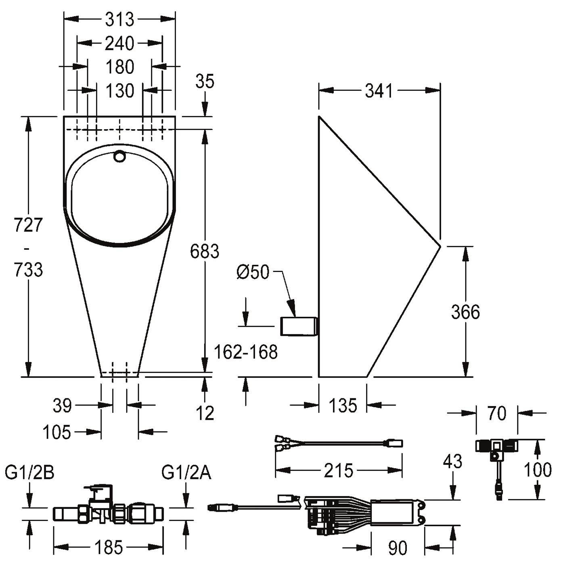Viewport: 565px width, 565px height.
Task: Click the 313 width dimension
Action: (x=119, y=19)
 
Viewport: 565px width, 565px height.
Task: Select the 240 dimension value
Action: (x=119, y=44)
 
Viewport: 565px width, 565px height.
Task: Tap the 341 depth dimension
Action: (x=379, y=91)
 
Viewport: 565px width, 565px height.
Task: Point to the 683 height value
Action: (x=205, y=251)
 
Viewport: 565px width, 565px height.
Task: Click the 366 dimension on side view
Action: (x=465, y=312)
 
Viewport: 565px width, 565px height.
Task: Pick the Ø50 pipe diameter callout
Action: (x=253, y=272)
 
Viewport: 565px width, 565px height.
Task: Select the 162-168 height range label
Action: (x=246, y=352)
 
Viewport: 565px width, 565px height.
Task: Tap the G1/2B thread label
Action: (x=30, y=473)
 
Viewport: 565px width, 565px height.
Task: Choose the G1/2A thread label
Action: (x=186, y=473)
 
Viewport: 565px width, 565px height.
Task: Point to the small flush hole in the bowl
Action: (x=119, y=156)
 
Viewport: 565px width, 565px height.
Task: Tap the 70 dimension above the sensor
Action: (x=497, y=414)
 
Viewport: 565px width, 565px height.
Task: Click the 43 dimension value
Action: (x=453, y=461)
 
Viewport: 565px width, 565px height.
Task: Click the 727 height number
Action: (x=28, y=225)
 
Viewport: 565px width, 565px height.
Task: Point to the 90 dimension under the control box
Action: (x=398, y=546)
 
